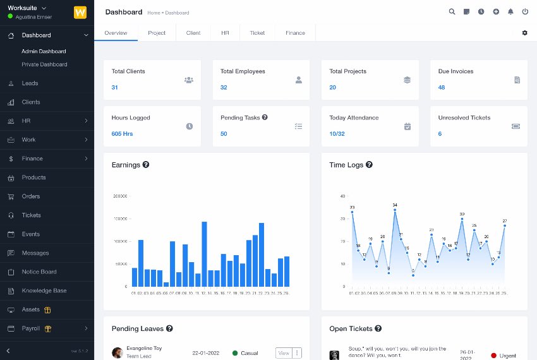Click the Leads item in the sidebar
pos(30,83)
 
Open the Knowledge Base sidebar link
pos(44,291)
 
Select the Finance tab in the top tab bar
pos(295,33)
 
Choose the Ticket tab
pos(257,33)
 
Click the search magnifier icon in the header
pos(452,11)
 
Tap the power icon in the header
pos(525,11)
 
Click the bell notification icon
pos(510,11)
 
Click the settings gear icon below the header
pos(524,33)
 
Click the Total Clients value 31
pos(115,87)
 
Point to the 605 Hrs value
pos(122,134)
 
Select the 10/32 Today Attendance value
pos(337,134)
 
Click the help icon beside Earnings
pos(146,165)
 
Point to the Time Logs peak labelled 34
pos(395,211)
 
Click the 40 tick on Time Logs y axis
pos(342,196)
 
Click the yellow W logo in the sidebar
pos(80,12)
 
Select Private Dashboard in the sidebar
pos(44,64)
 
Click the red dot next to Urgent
pos(493,356)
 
